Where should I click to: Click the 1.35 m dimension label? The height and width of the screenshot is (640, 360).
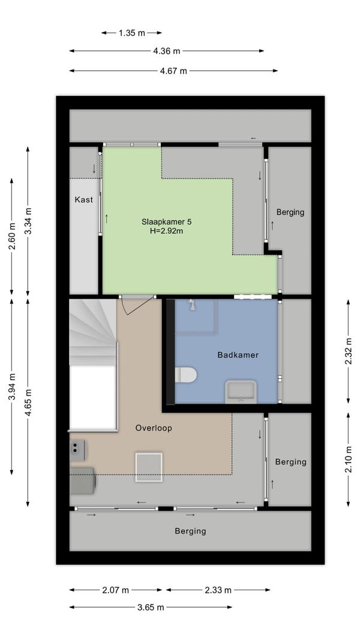click(x=132, y=33)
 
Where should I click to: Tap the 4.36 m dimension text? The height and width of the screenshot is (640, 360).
click(x=167, y=51)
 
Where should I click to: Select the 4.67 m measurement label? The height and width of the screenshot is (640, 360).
click(x=173, y=71)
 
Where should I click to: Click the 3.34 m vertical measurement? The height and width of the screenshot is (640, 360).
click(x=28, y=221)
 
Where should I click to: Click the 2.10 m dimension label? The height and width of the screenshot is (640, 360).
click(x=349, y=459)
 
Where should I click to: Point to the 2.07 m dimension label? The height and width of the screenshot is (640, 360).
click(x=116, y=590)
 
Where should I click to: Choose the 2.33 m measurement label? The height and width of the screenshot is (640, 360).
click(x=218, y=590)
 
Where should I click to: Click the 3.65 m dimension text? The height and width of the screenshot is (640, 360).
click(x=151, y=608)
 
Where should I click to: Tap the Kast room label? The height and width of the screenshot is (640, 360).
click(x=83, y=200)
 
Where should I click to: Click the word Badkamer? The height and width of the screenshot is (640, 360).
click(x=238, y=355)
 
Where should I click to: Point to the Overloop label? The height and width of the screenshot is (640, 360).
click(x=154, y=428)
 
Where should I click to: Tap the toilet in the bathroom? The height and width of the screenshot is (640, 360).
click(x=186, y=375)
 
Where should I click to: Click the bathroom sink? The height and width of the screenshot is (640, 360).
click(x=241, y=392)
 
